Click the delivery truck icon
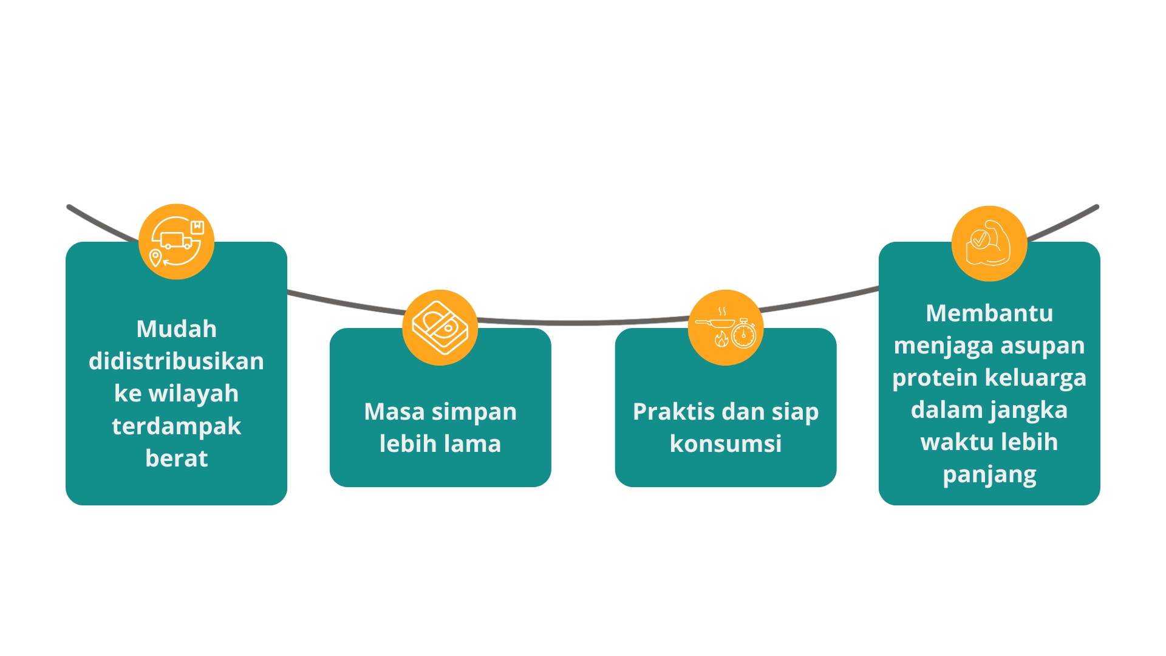tap(176, 242)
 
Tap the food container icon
tap(440, 327)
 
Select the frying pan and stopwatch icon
tap(726, 328)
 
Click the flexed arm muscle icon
tap(989, 243)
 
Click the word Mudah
tap(177, 329)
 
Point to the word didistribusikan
tap(177, 361)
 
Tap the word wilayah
tap(194, 394)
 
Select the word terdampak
tap(177, 426)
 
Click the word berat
tap(177, 459)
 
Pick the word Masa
tap(394, 412)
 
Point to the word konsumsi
tap(726, 444)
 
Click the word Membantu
tap(989, 313)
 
